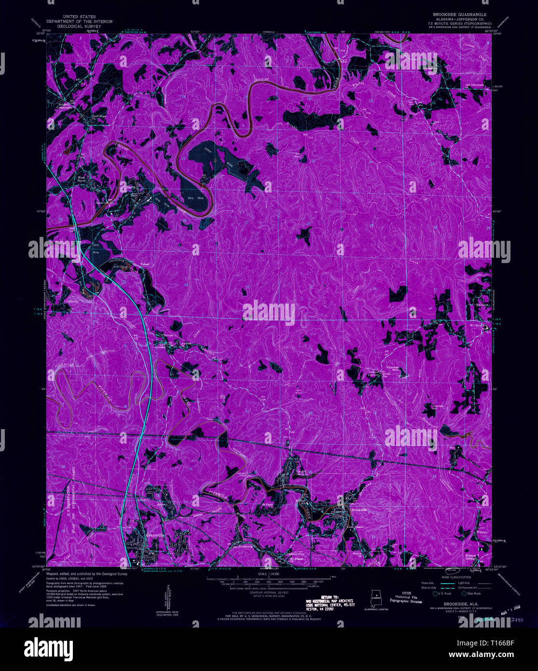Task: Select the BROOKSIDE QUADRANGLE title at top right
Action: (459, 14)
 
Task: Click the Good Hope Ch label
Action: (99, 116)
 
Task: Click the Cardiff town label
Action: (302, 472)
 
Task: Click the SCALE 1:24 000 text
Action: (269, 573)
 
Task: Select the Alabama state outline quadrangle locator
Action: (375, 599)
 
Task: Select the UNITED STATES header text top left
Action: (79, 16)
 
